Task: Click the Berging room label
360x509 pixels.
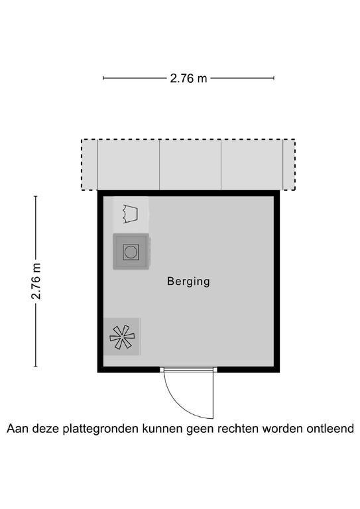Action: (x=188, y=282)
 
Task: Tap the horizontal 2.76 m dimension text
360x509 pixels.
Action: (x=188, y=78)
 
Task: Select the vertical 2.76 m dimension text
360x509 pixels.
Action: (x=36, y=281)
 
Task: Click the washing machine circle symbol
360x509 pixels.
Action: (x=131, y=252)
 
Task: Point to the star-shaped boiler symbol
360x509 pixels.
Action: (x=122, y=337)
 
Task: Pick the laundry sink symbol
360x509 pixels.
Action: (x=130, y=214)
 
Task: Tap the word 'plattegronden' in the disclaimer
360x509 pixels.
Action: (x=101, y=429)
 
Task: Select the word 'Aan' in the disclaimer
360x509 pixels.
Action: (x=17, y=429)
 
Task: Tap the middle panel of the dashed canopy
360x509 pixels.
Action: (x=190, y=164)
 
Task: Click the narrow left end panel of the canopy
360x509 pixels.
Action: (x=90, y=164)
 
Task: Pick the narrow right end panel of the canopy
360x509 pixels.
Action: (x=289, y=164)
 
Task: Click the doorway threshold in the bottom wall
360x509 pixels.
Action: (x=188, y=369)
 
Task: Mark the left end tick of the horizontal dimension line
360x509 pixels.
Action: (x=103, y=78)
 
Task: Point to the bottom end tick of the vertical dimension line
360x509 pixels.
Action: (x=36, y=367)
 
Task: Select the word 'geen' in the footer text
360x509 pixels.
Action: (x=200, y=429)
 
